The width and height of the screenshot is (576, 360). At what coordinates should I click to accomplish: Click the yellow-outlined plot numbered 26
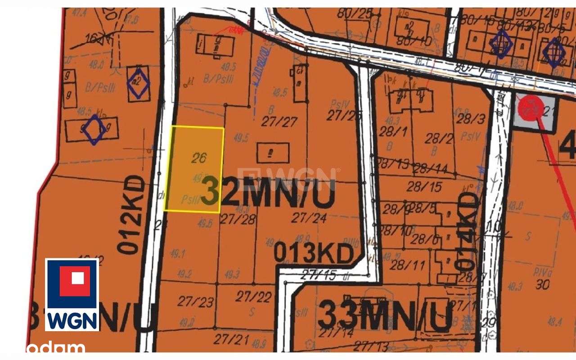pyautogui.click(x=194, y=169)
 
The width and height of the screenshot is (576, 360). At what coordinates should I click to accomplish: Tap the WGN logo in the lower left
pyautogui.click(x=72, y=295)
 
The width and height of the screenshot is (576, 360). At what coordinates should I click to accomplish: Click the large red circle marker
pyautogui.click(x=530, y=108)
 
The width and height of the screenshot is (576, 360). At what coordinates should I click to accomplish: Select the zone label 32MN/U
pyautogui.click(x=268, y=193)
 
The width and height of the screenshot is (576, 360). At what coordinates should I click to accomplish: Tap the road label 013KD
pyautogui.click(x=313, y=254)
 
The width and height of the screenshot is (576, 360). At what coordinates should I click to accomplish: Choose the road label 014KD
pyautogui.click(x=468, y=231)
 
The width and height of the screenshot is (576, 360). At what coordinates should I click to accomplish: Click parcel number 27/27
pyautogui.click(x=279, y=121)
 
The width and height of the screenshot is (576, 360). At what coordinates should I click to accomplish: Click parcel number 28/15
pyautogui.click(x=424, y=185)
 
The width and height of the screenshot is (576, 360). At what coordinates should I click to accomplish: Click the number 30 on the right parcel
pyautogui.click(x=543, y=284)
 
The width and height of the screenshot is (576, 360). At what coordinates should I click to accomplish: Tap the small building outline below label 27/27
pyautogui.click(x=273, y=153)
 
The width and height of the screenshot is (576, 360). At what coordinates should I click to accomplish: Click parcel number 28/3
pyautogui.click(x=470, y=119)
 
